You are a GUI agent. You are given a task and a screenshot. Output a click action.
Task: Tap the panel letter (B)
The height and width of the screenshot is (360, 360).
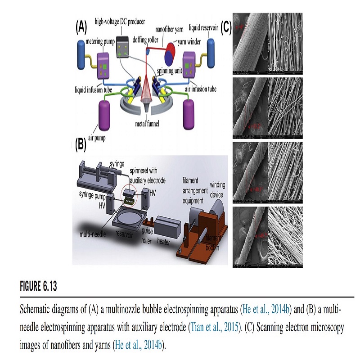(81, 144)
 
